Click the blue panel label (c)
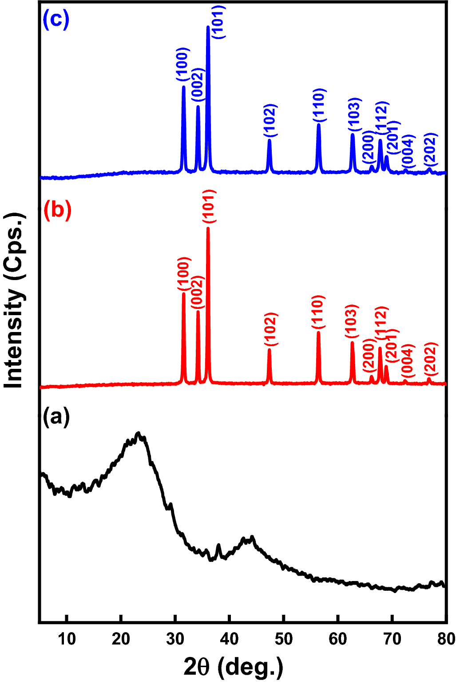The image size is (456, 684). tap(56, 20)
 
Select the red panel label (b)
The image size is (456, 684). tap(57, 210)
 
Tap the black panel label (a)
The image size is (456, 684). tap(56, 417)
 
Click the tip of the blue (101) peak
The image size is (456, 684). tap(208, 27)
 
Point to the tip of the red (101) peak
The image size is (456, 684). tap(208, 228)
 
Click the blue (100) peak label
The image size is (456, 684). tap(183, 65)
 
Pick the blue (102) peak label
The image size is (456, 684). tap(270, 120)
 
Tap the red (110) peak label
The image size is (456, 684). tap(318, 312)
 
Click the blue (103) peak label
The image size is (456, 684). tap(353, 114)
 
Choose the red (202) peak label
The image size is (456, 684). tap(431, 358)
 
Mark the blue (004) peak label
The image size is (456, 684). tap(408, 151)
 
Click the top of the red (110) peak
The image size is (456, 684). tap(318, 332)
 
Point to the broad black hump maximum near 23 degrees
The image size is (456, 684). tap(139, 433)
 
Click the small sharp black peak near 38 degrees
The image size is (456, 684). tap(218, 545)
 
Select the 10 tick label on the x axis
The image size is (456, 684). tap(67, 639)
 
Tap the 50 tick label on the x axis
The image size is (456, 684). tap(283, 639)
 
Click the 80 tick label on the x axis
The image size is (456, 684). tap(445, 639)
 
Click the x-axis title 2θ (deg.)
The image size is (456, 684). tap(234, 667)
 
